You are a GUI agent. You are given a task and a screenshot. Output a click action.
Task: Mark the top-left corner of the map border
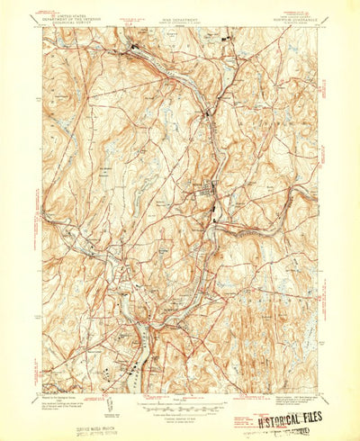pos(42,28)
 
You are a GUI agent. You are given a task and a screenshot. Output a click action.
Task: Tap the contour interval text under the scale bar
pos(180,408)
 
